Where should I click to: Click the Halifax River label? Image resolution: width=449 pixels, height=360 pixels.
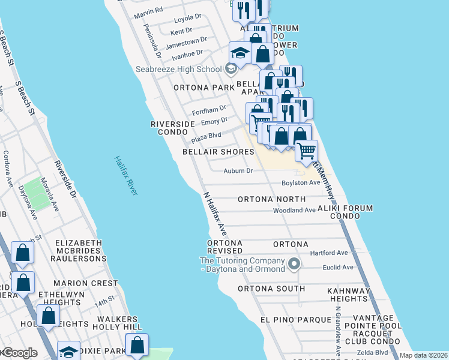(126, 175)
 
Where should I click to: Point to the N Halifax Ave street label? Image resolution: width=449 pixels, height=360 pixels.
(215, 213)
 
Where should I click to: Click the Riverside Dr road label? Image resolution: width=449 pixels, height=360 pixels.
(65, 179)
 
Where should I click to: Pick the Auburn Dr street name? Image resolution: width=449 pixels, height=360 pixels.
(238, 171)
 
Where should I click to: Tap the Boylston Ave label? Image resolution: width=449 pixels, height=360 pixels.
(301, 182)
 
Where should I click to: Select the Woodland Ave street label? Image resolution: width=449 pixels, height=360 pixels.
(294, 211)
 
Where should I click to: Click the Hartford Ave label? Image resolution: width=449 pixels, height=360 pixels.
(329, 253)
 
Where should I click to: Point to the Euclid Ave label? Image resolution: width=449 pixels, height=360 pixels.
(339, 267)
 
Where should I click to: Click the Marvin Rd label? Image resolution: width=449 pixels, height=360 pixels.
(149, 11)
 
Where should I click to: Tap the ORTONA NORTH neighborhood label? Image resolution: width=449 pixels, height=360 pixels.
(271, 199)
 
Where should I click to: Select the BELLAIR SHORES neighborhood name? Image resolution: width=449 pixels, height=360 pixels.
(218, 152)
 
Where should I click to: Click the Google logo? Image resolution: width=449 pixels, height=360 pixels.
(19, 353)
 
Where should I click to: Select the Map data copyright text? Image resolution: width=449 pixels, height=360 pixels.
(423, 355)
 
